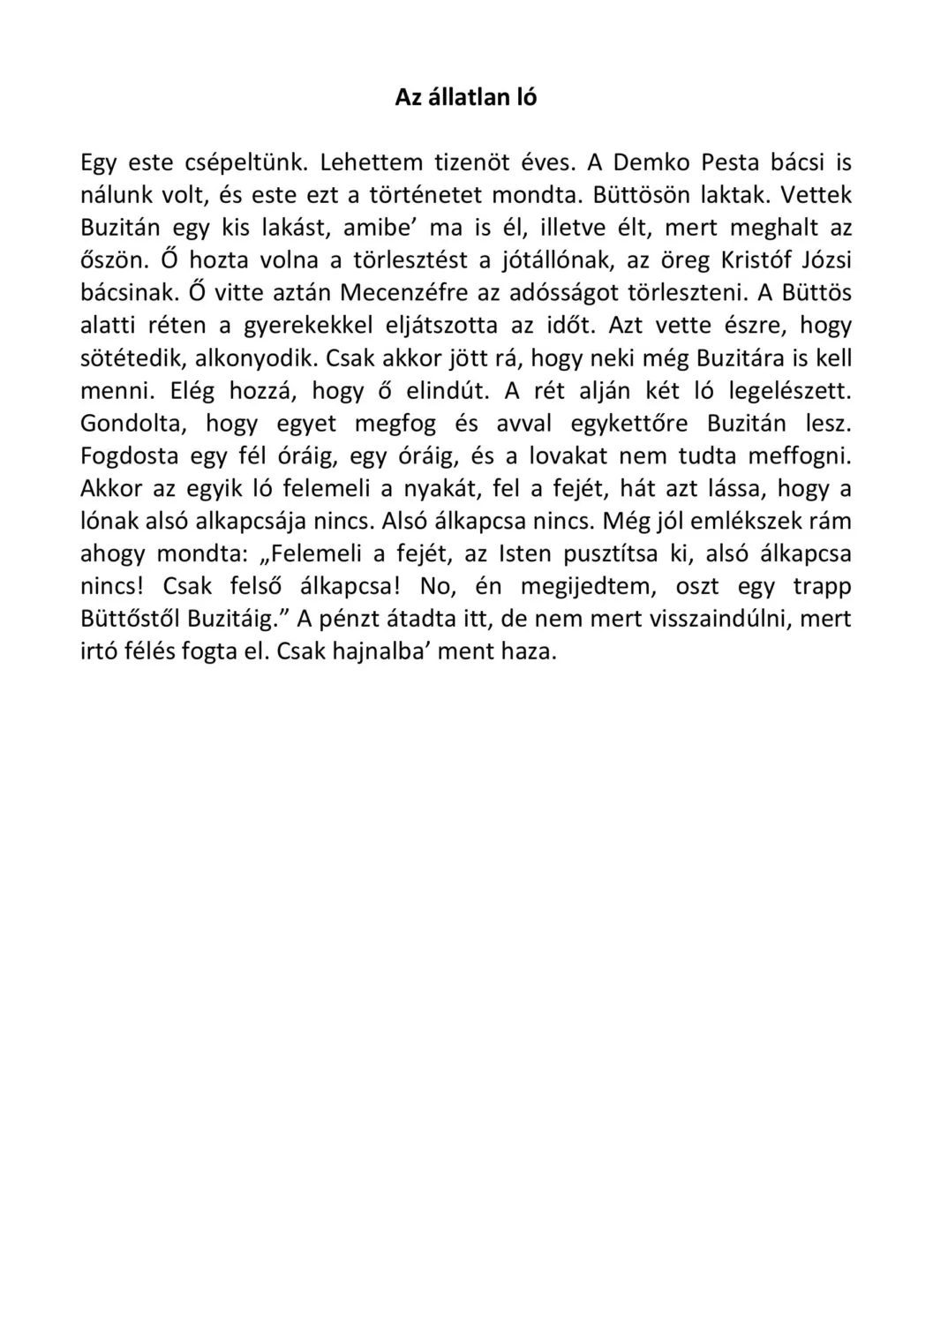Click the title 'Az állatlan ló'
(x=465, y=98)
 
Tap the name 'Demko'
(x=651, y=163)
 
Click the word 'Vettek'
(x=816, y=195)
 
